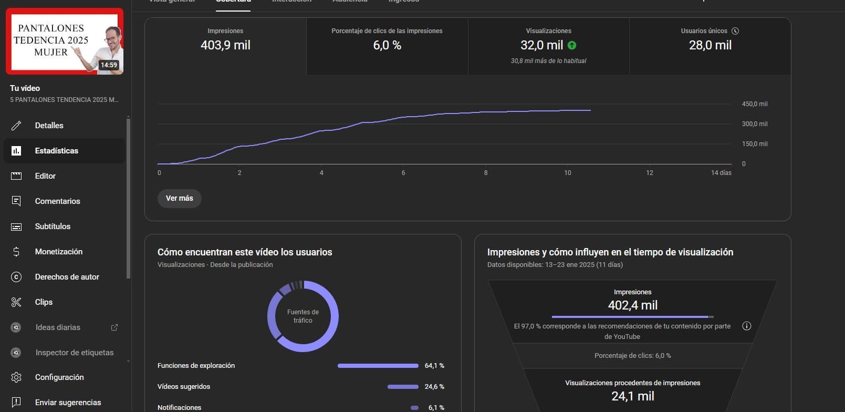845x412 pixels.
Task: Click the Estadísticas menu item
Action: [x=57, y=151]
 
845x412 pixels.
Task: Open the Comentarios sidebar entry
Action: [x=57, y=201]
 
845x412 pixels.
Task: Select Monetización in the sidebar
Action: [x=58, y=252]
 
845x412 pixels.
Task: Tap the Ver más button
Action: [x=179, y=198]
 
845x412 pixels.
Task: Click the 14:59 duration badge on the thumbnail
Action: [x=109, y=65]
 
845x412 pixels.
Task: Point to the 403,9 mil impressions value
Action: [x=225, y=45]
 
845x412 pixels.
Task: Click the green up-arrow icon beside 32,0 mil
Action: [x=572, y=46]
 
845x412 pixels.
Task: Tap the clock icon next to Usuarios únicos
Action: [x=735, y=31]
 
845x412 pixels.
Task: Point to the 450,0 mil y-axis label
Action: [x=754, y=104]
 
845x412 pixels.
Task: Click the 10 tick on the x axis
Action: [x=567, y=173]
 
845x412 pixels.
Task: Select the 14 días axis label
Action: [x=721, y=173]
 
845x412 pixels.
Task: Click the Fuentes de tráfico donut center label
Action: [x=303, y=316]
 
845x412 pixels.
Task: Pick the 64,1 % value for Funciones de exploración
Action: [x=434, y=366]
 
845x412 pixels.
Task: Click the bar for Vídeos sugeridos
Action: [x=403, y=387]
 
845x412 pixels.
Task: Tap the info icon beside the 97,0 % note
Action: [x=746, y=326]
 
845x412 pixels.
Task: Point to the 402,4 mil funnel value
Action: [x=632, y=305]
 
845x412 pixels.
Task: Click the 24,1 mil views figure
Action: [x=632, y=396]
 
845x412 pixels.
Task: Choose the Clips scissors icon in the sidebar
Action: [x=16, y=302]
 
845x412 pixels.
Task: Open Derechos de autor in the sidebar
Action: [x=67, y=277]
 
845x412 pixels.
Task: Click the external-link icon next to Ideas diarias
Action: [x=114, y=327]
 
